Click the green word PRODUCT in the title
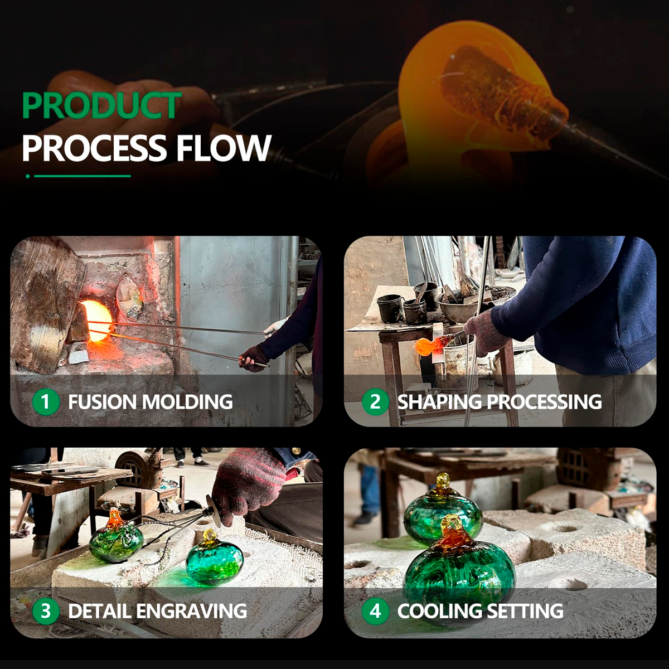pyautogui.click(x=101, y=105)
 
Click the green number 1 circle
pyautogui.click(x=46, y=402)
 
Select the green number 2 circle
pyautogui.click(x=375, y=402)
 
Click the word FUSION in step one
pyautogui.click(x=103, y=402)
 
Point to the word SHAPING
pyautogui.click(x=439, y=402)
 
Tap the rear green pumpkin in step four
pyautogui.click(x=442, y=510)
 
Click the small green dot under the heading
pyautogui.click(x=28, y=176)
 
